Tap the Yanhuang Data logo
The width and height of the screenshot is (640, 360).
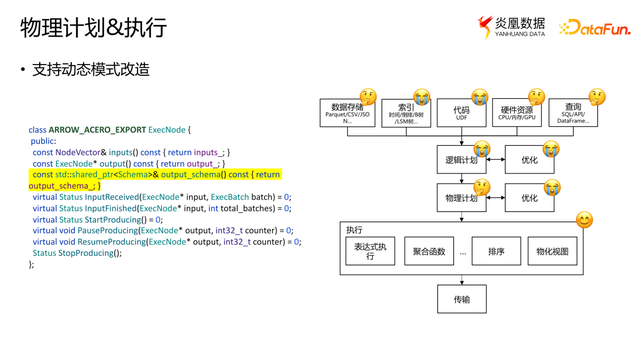(x=511, y=27)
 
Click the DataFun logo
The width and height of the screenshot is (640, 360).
(x=594, y=28)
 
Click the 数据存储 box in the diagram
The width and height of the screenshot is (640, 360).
(x=347, y=112)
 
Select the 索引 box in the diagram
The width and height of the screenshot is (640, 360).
(x=406, y=112)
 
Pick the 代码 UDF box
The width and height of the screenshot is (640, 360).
(x=461, y=112)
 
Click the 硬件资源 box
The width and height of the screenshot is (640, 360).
(x=517, y=112)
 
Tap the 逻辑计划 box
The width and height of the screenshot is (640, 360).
(x=461, y=160)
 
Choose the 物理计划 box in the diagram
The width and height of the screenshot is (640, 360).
(x=461, y=198)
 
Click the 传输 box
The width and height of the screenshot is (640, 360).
(x=461, y=298)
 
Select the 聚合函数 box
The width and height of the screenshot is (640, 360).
(x=429, y=251)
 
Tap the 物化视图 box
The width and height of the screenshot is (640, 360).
(x=552, y=251)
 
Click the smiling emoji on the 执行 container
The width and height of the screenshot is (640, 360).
(x=584, y=219)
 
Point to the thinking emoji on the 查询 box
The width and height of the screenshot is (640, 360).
(x=597, y=97)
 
